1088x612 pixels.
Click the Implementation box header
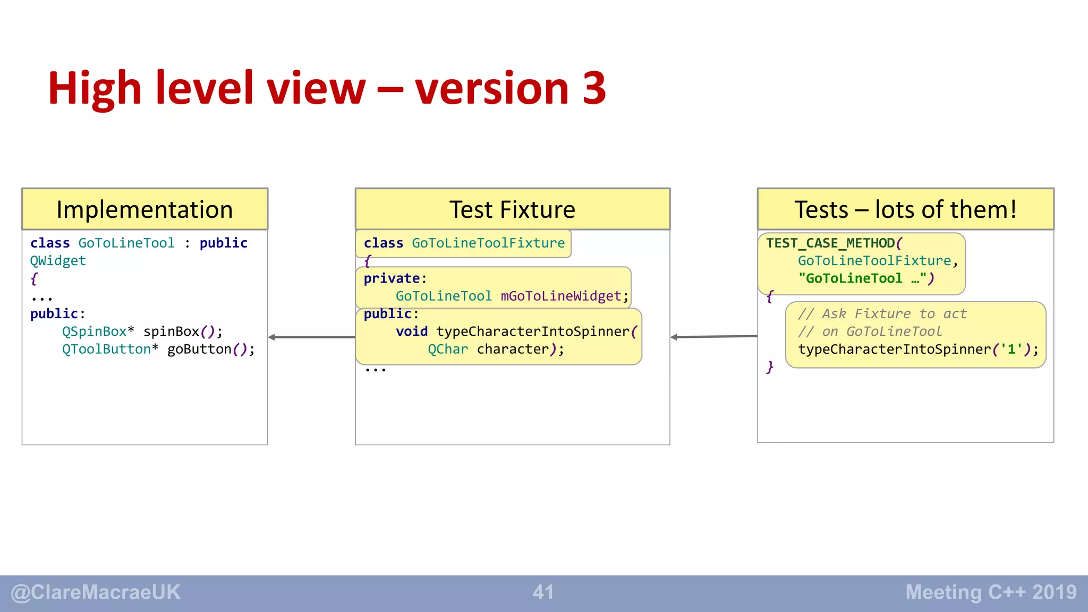point(144,209)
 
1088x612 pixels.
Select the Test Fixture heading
point(512,209)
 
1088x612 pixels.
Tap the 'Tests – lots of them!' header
point(905,209)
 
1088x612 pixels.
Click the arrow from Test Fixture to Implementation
point(311,337)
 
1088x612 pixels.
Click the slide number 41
point(543,592)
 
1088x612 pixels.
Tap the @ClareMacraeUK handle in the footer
point(96,592)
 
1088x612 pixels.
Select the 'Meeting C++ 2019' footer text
point(991,592)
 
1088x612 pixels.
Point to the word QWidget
point(58,261)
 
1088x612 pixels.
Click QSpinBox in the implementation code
point(94,331)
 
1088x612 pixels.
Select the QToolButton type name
point(106,350)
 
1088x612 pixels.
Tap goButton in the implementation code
point(199,350)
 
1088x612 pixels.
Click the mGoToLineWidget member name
point(561,296)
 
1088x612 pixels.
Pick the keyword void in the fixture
point(412,331)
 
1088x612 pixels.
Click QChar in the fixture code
point(448,350)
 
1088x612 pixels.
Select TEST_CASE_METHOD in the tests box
point(830,243)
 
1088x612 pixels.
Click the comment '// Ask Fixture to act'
point(882,314)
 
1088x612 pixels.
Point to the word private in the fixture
point(392,278)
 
